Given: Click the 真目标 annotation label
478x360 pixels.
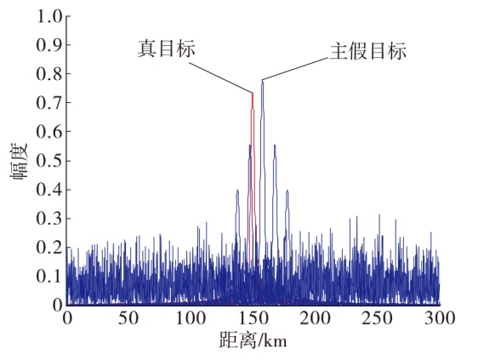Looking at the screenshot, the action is (166, 49).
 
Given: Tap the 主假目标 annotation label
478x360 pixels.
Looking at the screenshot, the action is (368, 51).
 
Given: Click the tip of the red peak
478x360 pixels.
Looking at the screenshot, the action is (253, 94).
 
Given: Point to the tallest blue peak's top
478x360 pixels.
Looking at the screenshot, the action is (263, 80).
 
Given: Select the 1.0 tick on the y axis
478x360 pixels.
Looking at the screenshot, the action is (49, 17).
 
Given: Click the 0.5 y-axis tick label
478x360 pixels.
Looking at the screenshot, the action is (49, 161).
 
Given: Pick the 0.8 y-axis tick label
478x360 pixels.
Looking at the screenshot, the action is (49, 74).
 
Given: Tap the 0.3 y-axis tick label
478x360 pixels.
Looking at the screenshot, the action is (49, 219).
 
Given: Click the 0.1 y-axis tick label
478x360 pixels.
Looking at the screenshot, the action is (49, 276).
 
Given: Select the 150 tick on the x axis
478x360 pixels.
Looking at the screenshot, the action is (253, 318).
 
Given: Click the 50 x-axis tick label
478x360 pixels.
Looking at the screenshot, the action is (128, 318).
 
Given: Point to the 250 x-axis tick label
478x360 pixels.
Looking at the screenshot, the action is (377, 318).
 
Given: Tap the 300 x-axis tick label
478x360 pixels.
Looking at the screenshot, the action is (439, 318).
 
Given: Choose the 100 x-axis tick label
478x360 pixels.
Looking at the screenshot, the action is (191, 318).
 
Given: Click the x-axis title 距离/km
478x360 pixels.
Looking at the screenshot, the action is (253, 340).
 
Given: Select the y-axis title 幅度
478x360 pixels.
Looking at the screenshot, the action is (20, 162).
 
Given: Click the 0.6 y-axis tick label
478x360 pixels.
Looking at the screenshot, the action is (49, 132).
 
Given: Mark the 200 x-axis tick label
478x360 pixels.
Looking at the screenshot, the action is (315, 318).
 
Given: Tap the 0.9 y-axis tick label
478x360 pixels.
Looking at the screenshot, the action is (49, 45).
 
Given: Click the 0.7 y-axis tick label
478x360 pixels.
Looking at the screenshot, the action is (49, 103).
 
